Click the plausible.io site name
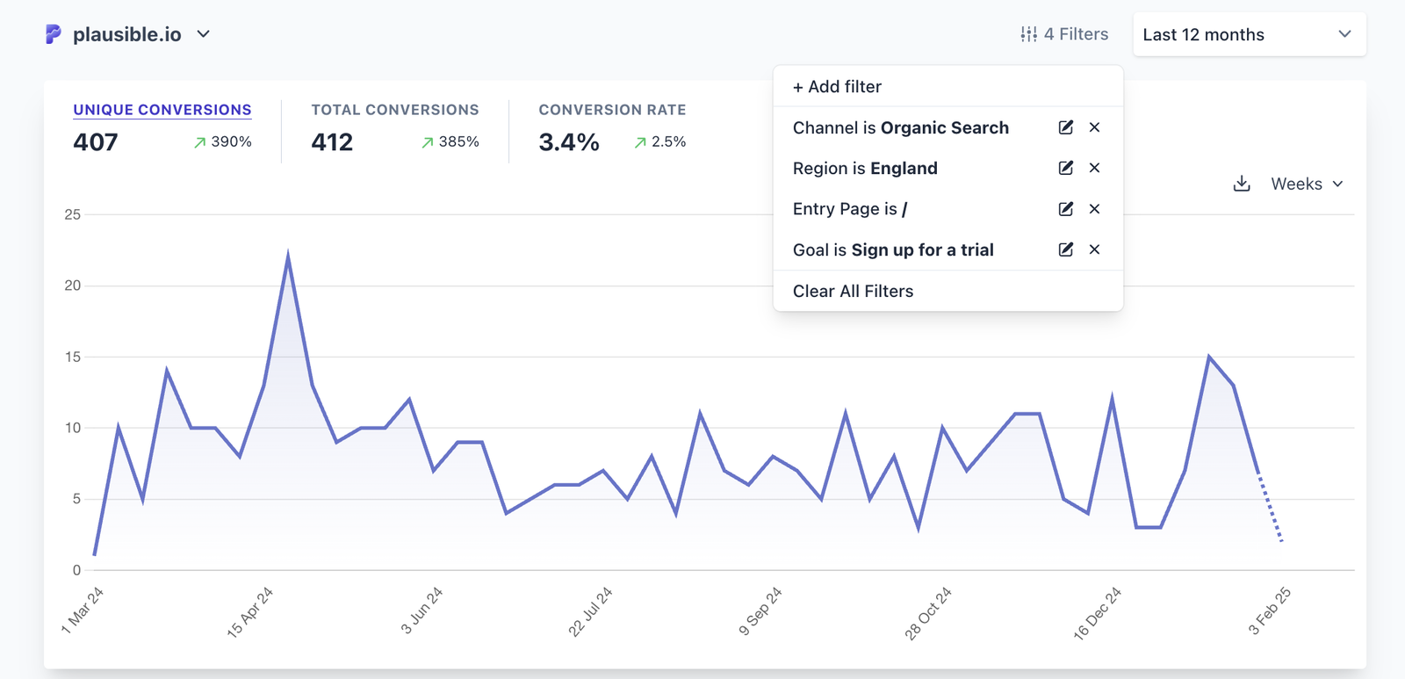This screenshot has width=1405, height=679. tap(126, 34)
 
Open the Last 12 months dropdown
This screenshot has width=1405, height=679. tap(1248, 34)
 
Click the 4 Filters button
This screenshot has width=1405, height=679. tap(1064, 34)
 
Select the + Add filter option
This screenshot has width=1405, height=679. tap(837, 86)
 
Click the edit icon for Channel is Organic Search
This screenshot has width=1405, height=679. tap(1065, 127)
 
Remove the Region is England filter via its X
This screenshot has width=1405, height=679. tap(1094, 168)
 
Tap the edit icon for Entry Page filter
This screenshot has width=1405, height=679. tap(1065, 209)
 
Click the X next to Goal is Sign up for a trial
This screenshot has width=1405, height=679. tap(1094, 249)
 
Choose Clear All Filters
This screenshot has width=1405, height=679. tap(853, 291)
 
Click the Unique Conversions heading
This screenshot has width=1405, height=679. tap(162, 110)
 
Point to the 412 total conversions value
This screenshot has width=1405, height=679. tap(332, 142)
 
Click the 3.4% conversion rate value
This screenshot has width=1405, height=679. tap(569, 142)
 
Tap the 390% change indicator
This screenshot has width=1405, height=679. tap(223, 141)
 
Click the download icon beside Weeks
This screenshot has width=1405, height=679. tap(1241, 184)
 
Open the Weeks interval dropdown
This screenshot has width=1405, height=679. tap(1307, 184)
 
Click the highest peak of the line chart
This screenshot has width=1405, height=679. tap(288, 256)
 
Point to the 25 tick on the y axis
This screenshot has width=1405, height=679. tap(72, 214)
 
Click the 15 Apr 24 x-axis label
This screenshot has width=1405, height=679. tap(250, 611)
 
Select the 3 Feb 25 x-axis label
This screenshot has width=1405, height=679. tap(1269, 611)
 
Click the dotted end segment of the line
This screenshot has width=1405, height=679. tap(1271, 509)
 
